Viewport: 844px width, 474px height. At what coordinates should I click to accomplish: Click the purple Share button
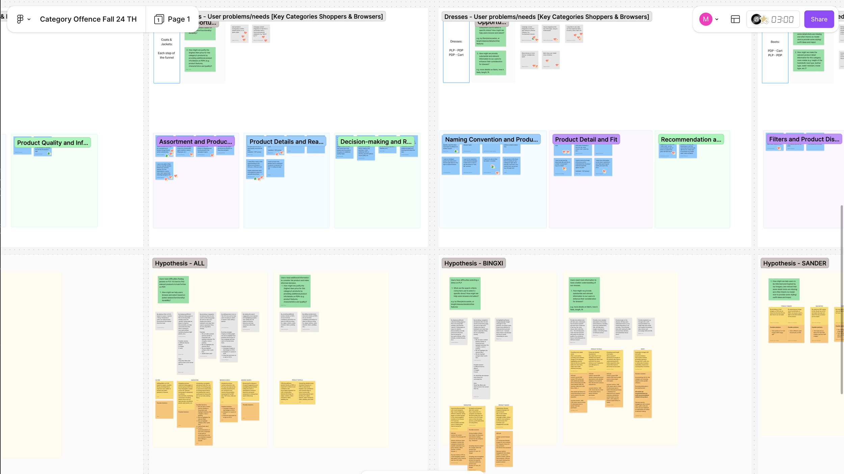pos(819,19)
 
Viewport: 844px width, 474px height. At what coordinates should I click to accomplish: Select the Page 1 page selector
pos(172,19)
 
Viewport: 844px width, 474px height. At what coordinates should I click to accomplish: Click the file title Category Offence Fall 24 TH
pos(88,19)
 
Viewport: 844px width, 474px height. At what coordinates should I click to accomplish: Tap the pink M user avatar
pos(705,19)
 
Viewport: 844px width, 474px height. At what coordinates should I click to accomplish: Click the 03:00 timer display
pos(782,19)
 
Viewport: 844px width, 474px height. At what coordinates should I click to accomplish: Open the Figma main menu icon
pos(20,19)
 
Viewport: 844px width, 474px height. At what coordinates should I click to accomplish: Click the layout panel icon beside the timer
pos(735,19)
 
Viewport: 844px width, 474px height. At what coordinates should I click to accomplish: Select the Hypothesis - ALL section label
pos(180,263)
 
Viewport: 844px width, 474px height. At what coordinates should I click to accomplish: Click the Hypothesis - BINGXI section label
pos(473,263)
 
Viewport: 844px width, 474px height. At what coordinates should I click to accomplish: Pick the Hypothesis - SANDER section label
pos(794,263)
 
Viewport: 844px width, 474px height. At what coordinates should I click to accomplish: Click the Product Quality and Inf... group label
pos(52,143)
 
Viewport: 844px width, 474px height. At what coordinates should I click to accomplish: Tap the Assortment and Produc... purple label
pos(195,142)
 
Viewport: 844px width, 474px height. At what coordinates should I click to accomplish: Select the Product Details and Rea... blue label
pos(286,142)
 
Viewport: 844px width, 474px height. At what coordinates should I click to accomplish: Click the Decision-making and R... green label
pos(376,142)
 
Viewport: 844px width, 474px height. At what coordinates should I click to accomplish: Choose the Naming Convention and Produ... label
pos(491,139)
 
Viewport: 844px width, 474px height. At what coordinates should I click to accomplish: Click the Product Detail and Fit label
pos(586,139)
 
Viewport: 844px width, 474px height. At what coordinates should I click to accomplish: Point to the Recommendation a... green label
pos(691,139)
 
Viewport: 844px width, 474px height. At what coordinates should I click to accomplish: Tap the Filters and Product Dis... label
pos(804,139)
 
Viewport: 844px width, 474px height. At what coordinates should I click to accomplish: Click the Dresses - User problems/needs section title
pos(546,17)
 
